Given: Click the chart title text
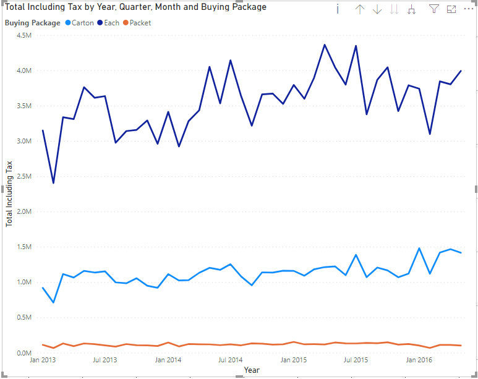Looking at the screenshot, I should (136, 7).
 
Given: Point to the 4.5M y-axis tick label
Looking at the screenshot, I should (23, 35).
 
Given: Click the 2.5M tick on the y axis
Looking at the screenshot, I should (23, 176).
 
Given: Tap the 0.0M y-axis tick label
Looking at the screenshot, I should (23, 353).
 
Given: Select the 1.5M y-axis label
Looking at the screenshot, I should (23, 247).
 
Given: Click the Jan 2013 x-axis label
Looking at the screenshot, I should (43, 360).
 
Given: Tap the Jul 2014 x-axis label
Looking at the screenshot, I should (231, 360).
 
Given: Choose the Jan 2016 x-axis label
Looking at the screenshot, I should (419, 360).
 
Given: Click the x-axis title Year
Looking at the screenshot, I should (252, 370).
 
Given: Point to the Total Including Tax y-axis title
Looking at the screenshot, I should (9, 194).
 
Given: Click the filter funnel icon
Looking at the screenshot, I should (433, 9).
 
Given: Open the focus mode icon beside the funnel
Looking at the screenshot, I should (451, 9).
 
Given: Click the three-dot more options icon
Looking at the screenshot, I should (468, 9).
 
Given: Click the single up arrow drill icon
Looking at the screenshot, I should (360, 9).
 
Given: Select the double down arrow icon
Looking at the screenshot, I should (395, 9).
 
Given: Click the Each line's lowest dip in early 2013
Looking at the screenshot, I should (53, 183).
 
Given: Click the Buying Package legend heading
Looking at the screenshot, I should (32, 23).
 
